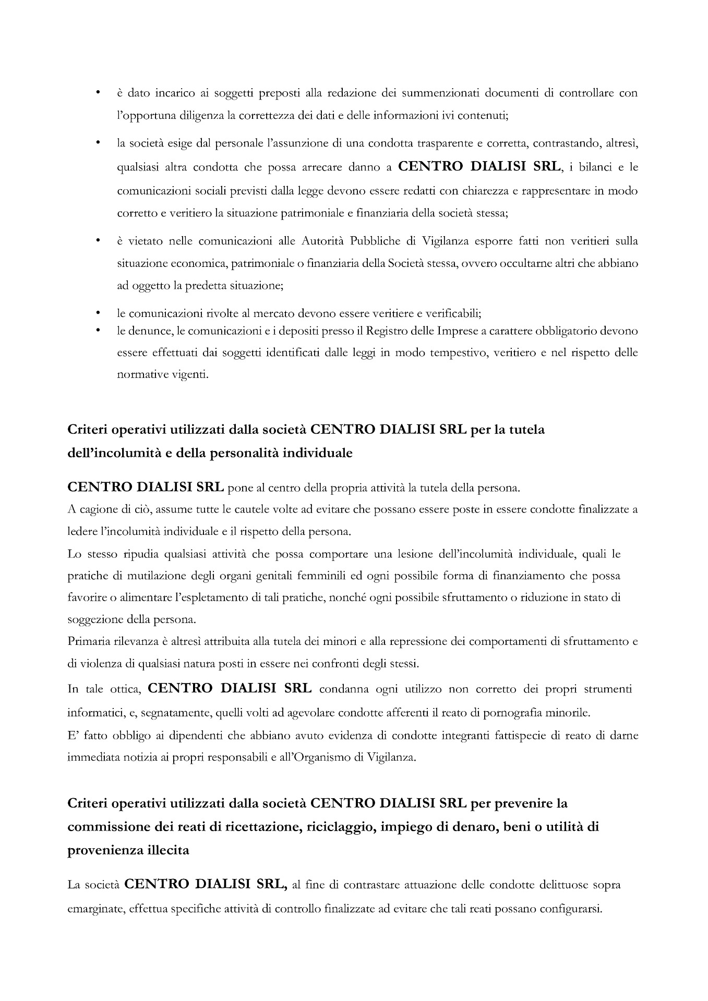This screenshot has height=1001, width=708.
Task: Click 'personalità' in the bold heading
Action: coord(244,453)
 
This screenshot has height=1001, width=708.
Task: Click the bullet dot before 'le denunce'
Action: coord(97,331)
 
